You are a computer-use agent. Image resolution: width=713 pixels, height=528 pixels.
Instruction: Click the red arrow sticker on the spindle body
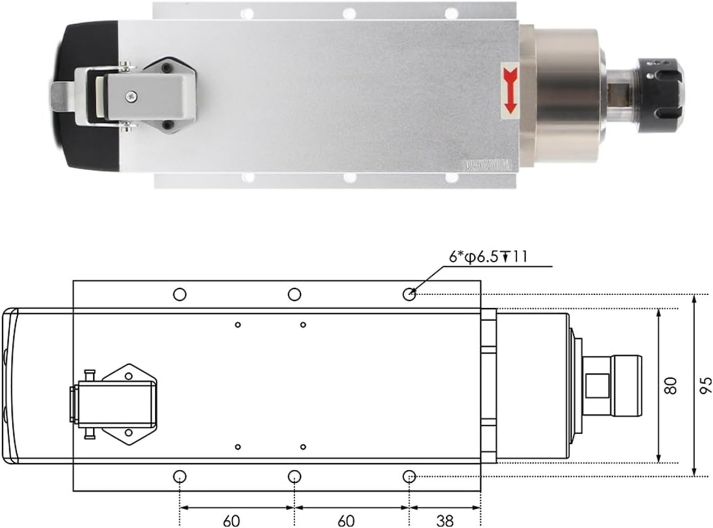tap(509, 91)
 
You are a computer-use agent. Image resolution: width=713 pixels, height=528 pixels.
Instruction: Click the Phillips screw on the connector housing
tap(132, 96)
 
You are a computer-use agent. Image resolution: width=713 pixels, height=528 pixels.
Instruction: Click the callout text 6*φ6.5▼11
tap(488, 256)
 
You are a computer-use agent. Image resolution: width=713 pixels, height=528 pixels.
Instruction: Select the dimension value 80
tap(670, 386)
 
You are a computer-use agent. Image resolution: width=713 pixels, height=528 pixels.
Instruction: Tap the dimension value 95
tap(706, 386)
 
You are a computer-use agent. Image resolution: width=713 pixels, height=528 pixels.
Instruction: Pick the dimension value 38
tap(445, 520)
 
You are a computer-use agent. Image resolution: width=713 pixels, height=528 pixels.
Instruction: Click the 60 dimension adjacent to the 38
tap(346, 520)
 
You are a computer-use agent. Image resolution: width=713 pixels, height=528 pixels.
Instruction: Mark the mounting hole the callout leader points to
tap(410, 294)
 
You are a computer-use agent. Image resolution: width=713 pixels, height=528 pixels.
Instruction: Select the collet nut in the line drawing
tap(625, 386)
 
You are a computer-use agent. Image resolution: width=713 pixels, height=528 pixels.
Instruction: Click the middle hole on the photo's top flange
tap(349, 12)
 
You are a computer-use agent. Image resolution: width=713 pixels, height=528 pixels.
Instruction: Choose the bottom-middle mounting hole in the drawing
tap(294, 476)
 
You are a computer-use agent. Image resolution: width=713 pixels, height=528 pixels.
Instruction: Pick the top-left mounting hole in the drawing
tap(179, 294)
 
